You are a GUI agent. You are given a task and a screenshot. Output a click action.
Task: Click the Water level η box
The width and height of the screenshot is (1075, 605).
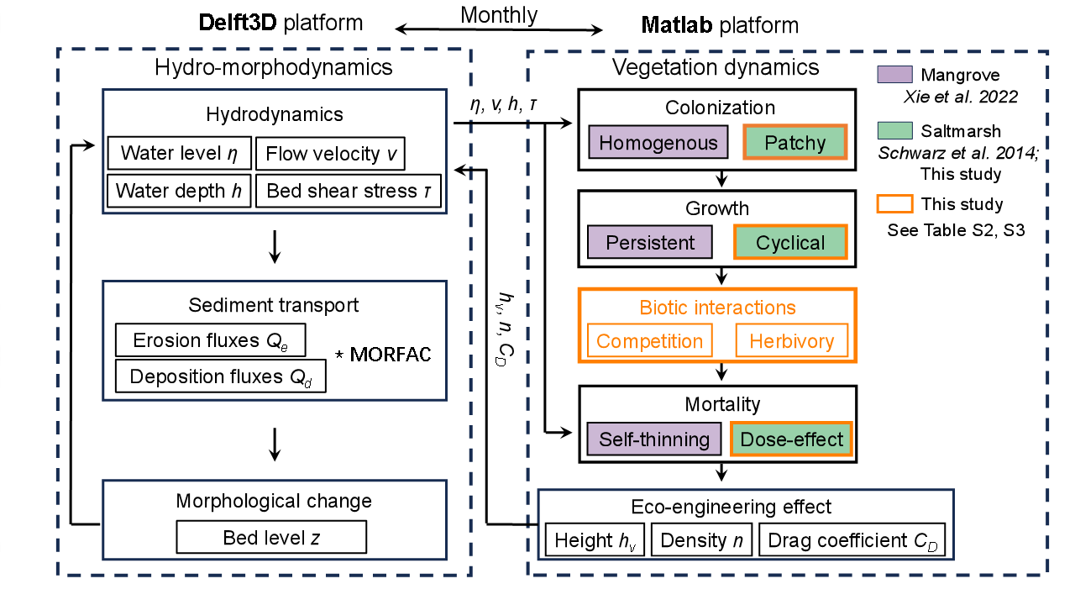tap(178, 153)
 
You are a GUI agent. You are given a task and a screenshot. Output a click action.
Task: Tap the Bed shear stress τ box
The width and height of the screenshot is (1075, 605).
tap(348, 191)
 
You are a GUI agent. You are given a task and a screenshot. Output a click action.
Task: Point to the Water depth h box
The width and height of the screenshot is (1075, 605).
tap(178, 191)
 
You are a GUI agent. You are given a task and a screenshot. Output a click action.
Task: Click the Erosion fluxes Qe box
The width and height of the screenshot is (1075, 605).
tap(209, 340)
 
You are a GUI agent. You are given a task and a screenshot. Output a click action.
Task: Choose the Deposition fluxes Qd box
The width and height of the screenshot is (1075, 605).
tap(220, 376)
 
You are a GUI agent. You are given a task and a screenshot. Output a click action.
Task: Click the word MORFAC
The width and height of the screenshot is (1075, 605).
tap(390, 355)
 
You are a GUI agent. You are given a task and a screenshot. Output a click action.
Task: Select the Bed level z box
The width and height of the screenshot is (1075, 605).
tap(271, 538)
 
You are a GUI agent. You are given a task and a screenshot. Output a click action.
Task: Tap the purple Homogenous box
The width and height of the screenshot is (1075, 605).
tap(658, 143)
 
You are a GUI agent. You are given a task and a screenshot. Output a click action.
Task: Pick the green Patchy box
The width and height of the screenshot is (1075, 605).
tap(794, 143)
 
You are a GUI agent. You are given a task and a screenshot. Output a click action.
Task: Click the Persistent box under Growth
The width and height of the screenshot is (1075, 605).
tap(650, 243)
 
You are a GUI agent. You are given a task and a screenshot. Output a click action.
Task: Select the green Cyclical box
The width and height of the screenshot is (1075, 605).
tap(790, 243)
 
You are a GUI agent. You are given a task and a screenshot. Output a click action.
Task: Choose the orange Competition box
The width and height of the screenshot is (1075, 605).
tap(649, 341)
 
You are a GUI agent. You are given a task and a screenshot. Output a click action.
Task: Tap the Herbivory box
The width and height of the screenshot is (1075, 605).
tap(791, 341)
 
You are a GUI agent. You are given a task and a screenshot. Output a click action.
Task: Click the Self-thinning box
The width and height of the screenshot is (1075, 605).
tap(654, 439)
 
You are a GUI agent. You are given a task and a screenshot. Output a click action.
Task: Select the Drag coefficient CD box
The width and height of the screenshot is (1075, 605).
tap(852, 540)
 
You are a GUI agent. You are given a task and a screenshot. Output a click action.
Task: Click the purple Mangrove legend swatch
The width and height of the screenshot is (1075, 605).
tap(894, 75)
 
